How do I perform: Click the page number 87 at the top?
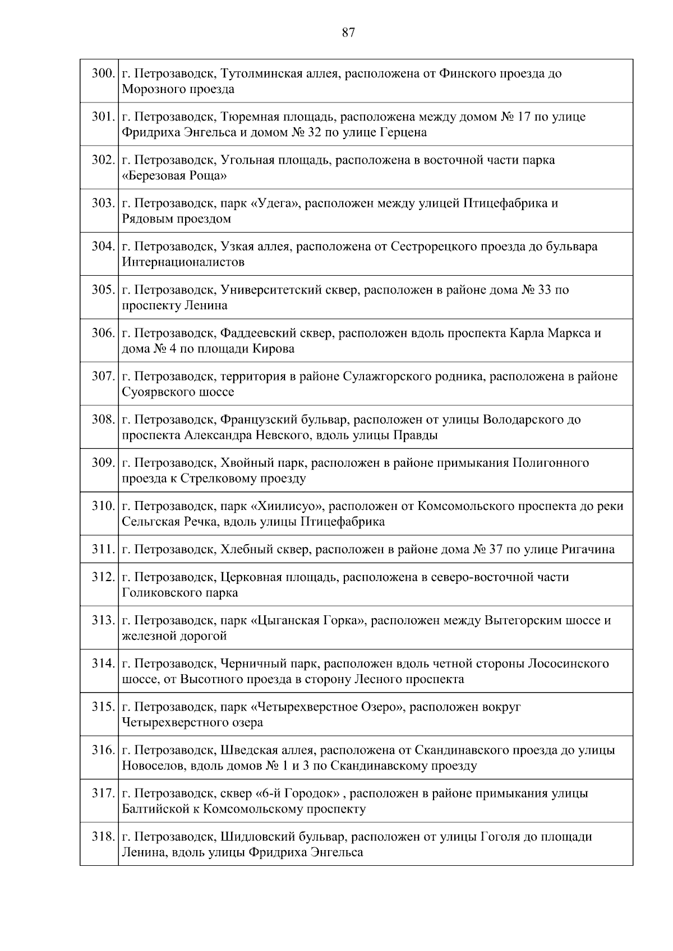(x=348, y=33)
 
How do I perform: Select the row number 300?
(x=103, y=73)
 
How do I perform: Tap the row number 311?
(x=103, y=549)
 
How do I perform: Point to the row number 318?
(x=103, y=837)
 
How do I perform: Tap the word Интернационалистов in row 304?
(x=183, y=262)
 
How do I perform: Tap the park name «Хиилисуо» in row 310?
(x=287, y=506)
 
